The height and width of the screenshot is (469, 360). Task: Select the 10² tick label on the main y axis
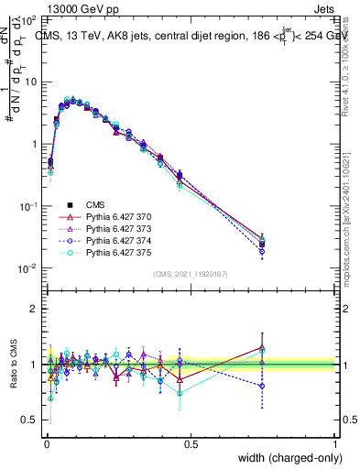coord(28,19)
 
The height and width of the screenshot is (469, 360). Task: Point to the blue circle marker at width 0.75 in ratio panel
coord(263,387)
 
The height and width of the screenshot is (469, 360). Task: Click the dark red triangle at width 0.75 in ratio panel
coord(263,346)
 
